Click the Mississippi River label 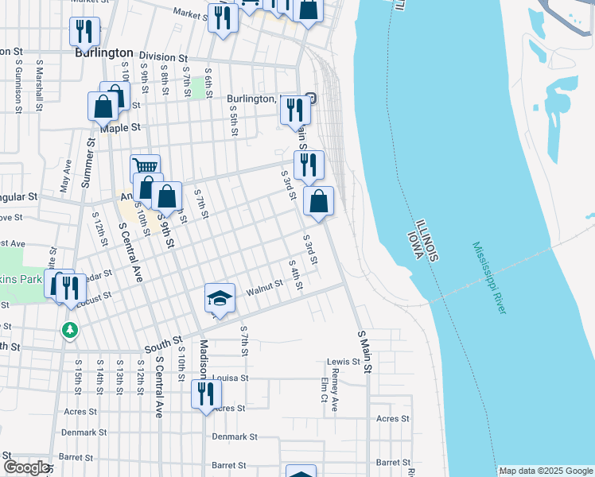click(x=488, y=278)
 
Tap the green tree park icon click(x=71, y=329)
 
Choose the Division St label click(x=162, y=57)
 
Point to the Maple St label click(x=126, y=127)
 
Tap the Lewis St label click(x=344, y=362)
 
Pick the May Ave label click(x=65, y=177)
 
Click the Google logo click(x=25, y=467)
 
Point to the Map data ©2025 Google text click(x=545, y=471)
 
